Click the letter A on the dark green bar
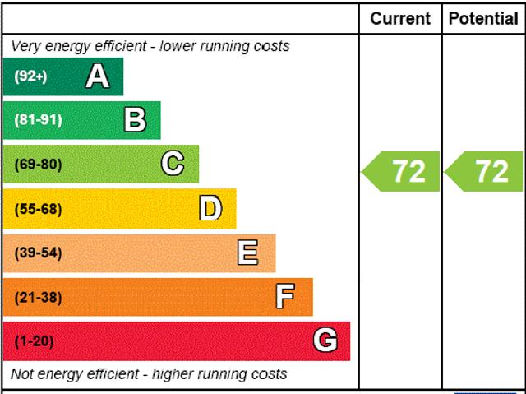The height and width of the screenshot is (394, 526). click(97, 76)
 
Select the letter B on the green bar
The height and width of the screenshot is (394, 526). click(135, 120)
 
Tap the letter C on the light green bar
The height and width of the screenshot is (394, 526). click(173, 164)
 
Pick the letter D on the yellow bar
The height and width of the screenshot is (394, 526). click(210, 209)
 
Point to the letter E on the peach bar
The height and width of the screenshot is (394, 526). click(247, 253)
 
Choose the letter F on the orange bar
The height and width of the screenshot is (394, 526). click(285, 297)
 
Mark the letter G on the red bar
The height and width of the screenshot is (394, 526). click(325, 341)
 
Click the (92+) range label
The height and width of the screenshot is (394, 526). click(31, 76)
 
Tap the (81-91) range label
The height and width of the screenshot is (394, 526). click(38, 120)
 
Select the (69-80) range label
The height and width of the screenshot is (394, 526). click(38, 165)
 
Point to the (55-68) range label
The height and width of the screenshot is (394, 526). click(38, 209)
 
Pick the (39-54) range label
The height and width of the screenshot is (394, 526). click(38, 253)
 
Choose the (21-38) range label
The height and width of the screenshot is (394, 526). click(38, 297)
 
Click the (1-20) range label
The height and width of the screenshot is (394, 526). click(34, 341)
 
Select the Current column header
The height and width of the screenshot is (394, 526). click(400, 18)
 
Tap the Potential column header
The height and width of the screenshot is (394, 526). click(484, 18)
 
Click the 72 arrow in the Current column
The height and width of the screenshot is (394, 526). click(402, 171)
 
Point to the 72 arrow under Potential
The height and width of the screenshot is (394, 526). click(485, 171)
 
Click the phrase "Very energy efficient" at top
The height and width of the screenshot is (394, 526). click(72, 46)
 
